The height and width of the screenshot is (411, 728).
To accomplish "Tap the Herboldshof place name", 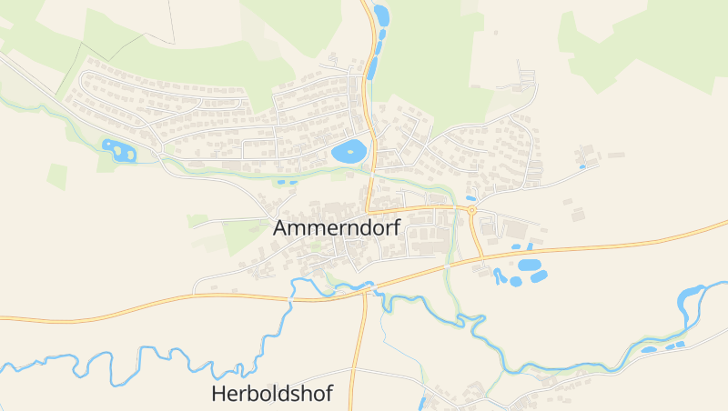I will click(x=271, y=394).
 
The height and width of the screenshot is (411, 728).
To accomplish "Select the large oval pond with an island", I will click(x=349, y=152).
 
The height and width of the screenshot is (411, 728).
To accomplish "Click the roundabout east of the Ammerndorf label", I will click(x=471, y=211).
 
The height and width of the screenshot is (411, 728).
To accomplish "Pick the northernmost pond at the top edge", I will click(x=380, y=15).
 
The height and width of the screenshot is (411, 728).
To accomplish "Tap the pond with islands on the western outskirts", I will click(x=118, y=150).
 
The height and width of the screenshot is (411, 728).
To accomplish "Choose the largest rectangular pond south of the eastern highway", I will click(x=529, y=265).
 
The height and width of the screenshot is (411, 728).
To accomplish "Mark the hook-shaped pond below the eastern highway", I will click(x=499, y=276).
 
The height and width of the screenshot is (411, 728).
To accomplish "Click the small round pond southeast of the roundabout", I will click(x=516, y=281).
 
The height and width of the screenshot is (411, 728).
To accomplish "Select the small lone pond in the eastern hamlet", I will click(x=582, y=166).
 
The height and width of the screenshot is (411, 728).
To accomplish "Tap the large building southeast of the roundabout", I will click(x=516, y=228).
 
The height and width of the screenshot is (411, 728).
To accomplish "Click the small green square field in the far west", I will click(x=57, y=176).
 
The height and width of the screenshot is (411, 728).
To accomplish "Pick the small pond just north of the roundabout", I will click(x=470, y=197).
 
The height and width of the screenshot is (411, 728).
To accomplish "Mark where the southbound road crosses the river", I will click(x=365, y=289).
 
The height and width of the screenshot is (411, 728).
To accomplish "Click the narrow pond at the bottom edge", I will click(x=423, y=403).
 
